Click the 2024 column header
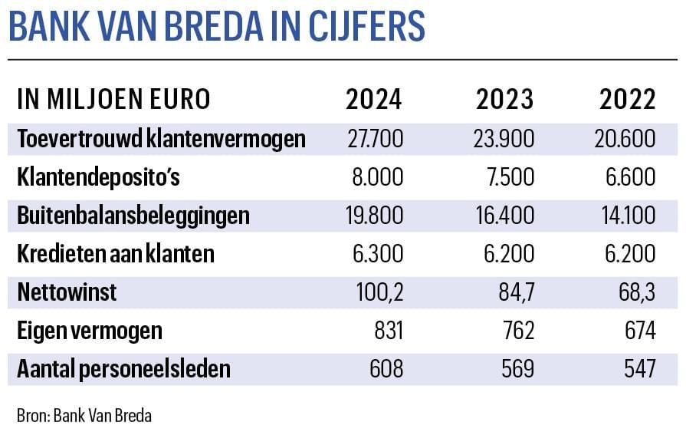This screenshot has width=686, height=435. (373, 101)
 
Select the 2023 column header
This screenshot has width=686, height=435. (505, 101)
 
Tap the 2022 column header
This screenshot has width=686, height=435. (628, 101)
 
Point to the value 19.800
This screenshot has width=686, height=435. (373, 216)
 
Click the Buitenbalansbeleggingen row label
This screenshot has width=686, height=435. (133, 216)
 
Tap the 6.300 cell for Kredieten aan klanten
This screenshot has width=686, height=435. (376, 254)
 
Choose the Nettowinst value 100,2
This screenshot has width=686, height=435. (379, 292)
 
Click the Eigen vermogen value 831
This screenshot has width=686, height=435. (386, 331)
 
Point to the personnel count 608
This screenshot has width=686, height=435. (386, 369)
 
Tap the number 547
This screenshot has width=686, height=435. (639, 369)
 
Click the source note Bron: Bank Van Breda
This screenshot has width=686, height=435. (84, 416)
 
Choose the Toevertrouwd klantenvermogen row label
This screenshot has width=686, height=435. (161, 139)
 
